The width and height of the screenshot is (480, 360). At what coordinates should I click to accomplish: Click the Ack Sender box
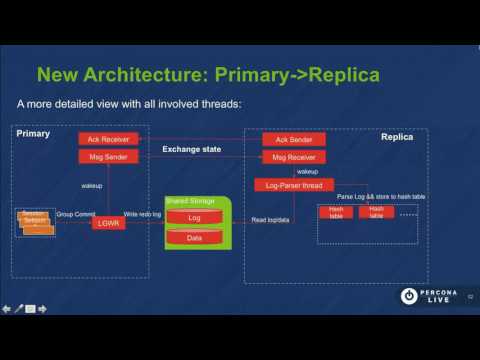[293, 139]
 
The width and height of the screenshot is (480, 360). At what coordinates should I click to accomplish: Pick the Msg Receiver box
[293, 156]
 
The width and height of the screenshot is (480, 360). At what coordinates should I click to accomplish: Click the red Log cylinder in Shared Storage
[194, 217]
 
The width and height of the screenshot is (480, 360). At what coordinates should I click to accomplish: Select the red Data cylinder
[194, 238]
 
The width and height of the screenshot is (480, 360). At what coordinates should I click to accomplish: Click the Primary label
[33, 132]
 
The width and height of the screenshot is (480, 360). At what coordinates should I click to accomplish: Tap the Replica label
[398, 137]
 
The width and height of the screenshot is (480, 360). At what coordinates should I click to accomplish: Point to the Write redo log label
[143, 214]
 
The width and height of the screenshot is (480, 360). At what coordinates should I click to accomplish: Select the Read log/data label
[271, 219]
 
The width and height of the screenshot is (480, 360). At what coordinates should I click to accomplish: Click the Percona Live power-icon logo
[409, 296]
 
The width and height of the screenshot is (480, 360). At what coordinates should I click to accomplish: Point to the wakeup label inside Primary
[93, 185]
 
